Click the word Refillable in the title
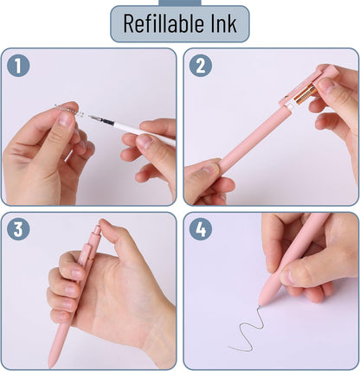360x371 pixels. point(163,23)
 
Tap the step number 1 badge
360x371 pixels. point(18,66)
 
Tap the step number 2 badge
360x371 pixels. point(201,66)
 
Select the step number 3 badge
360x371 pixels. point(18,229)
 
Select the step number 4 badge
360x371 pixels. point(201,229)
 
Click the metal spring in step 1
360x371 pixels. point(69,111)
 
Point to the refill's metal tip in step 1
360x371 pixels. point(93,118)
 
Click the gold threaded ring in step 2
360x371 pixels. point(305,93)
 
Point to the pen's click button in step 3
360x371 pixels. point(97,232)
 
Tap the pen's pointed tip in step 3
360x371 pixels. point(51,365)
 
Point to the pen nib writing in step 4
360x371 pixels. point(260,306)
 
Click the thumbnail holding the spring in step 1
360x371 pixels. point(65,119)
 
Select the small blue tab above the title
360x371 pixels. point(180,3)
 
